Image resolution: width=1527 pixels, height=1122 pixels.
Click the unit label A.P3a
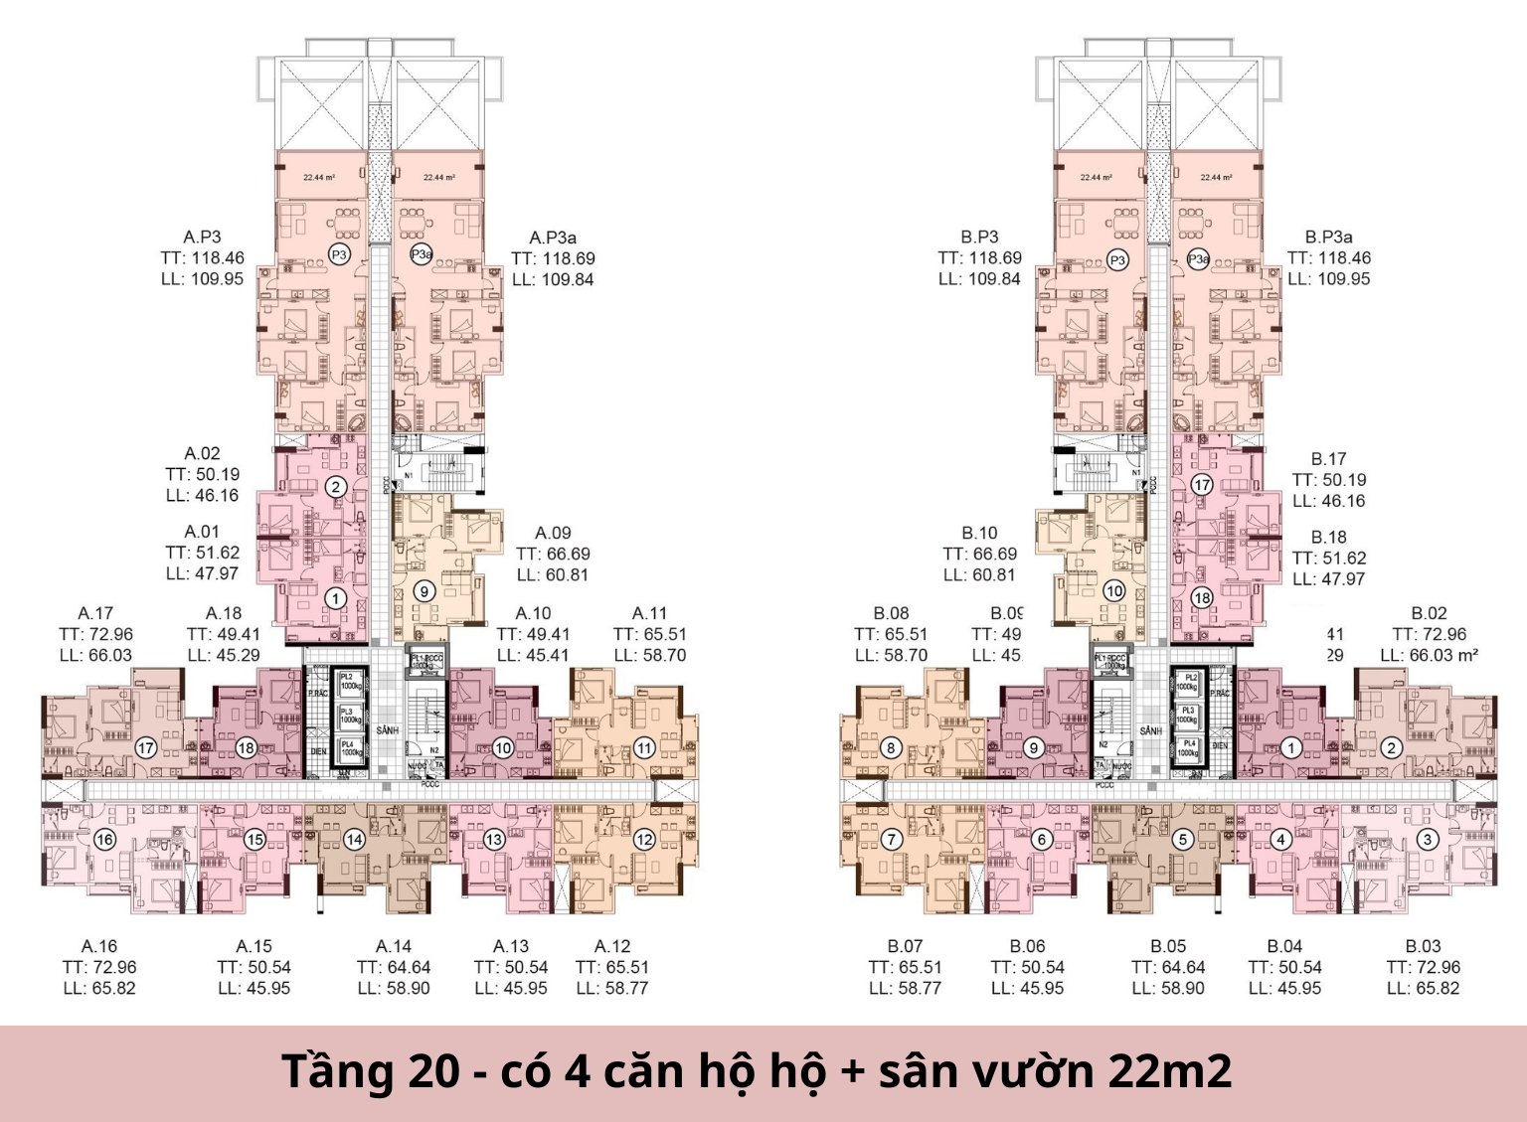[x=553, y=238]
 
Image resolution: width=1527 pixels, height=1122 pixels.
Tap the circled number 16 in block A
[x=104, y=839]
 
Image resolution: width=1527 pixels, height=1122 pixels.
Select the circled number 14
[x=354, y=839]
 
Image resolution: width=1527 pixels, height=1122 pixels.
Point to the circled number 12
[x=644, y=839]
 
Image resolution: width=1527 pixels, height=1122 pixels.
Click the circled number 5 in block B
[x=1182, y=839]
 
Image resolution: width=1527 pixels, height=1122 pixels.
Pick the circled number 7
[x=892, y=839]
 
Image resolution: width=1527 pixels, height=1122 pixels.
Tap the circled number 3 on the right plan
[x=1427, y=839]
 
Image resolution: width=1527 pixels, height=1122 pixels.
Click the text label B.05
[x=1168, y=946]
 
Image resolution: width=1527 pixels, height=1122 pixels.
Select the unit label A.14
[x=394, y=946]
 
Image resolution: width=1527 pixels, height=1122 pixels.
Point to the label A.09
[x=553, y=533]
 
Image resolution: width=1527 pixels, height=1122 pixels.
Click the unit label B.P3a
[x=1329, y=238]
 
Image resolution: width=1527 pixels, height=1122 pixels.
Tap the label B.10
[x=979, y=533]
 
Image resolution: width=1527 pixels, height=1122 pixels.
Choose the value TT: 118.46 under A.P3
[x=203, y=258]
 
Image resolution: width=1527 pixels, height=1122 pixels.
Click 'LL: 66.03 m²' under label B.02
[x=1429, y=655]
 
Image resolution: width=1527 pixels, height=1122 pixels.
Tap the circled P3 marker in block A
[x=339, y=255]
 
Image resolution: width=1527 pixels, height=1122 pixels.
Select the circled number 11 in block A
[x=644, y=747]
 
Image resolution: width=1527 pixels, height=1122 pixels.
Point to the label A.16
[x=99, y=946]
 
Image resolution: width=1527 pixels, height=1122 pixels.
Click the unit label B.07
[x=905, y=946]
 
